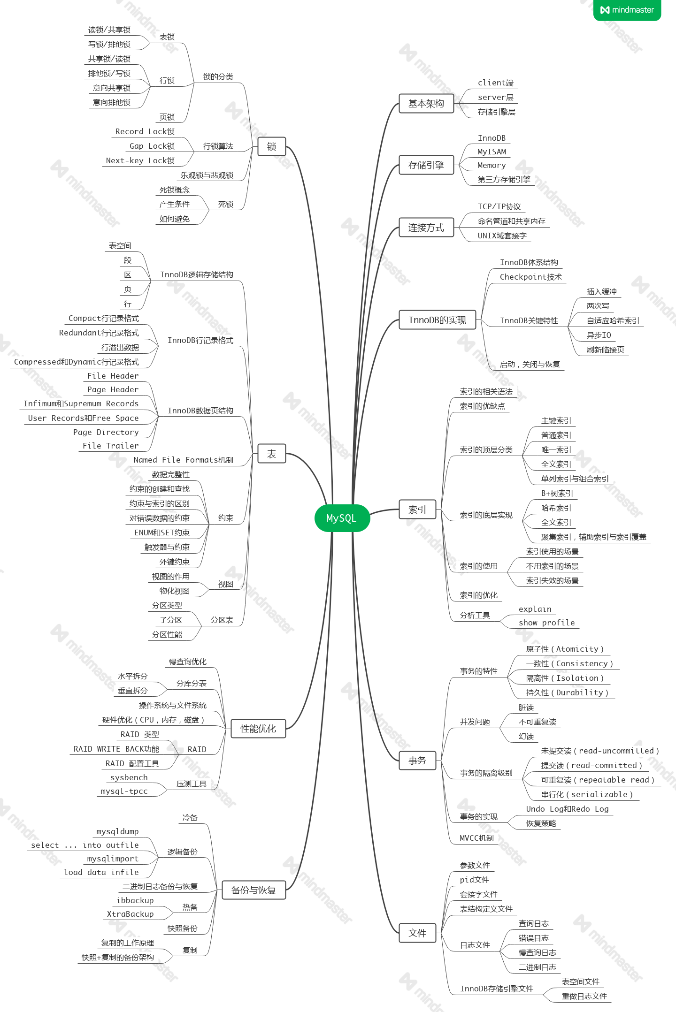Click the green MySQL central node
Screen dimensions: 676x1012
click(x=342, y=518)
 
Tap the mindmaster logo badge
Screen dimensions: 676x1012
click(x=627, y=10)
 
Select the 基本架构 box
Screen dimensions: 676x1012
click(x=426, y=104)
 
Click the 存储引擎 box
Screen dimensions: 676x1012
click(x=426, y=165)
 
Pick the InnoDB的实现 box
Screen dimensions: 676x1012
click(x=437, y=320)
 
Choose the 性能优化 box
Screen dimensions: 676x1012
click(x=258, y=729)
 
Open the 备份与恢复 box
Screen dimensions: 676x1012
click(x=253, y=890)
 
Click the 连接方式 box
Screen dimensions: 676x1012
click(x=426, y=228)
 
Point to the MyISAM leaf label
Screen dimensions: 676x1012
click(x=492, y=152)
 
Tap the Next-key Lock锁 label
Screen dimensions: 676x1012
click(x=140, y=160)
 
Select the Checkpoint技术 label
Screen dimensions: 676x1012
click(x=530, y=277)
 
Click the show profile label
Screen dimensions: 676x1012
click(x=546, y=623)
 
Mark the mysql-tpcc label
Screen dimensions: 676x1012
click(x=124, y=791)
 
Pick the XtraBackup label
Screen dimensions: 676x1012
click(x=130, y=914)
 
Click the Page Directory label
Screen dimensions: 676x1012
click(x=106, y=432)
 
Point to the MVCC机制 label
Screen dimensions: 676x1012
click(x=476, y=838)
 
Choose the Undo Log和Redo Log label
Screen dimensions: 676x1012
click(x=567, y=809)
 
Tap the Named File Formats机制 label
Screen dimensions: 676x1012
click(x=183, y=460)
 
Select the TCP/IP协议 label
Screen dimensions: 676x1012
click(x=499, y=206)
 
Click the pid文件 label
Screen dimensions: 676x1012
click(x=474, y=880)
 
